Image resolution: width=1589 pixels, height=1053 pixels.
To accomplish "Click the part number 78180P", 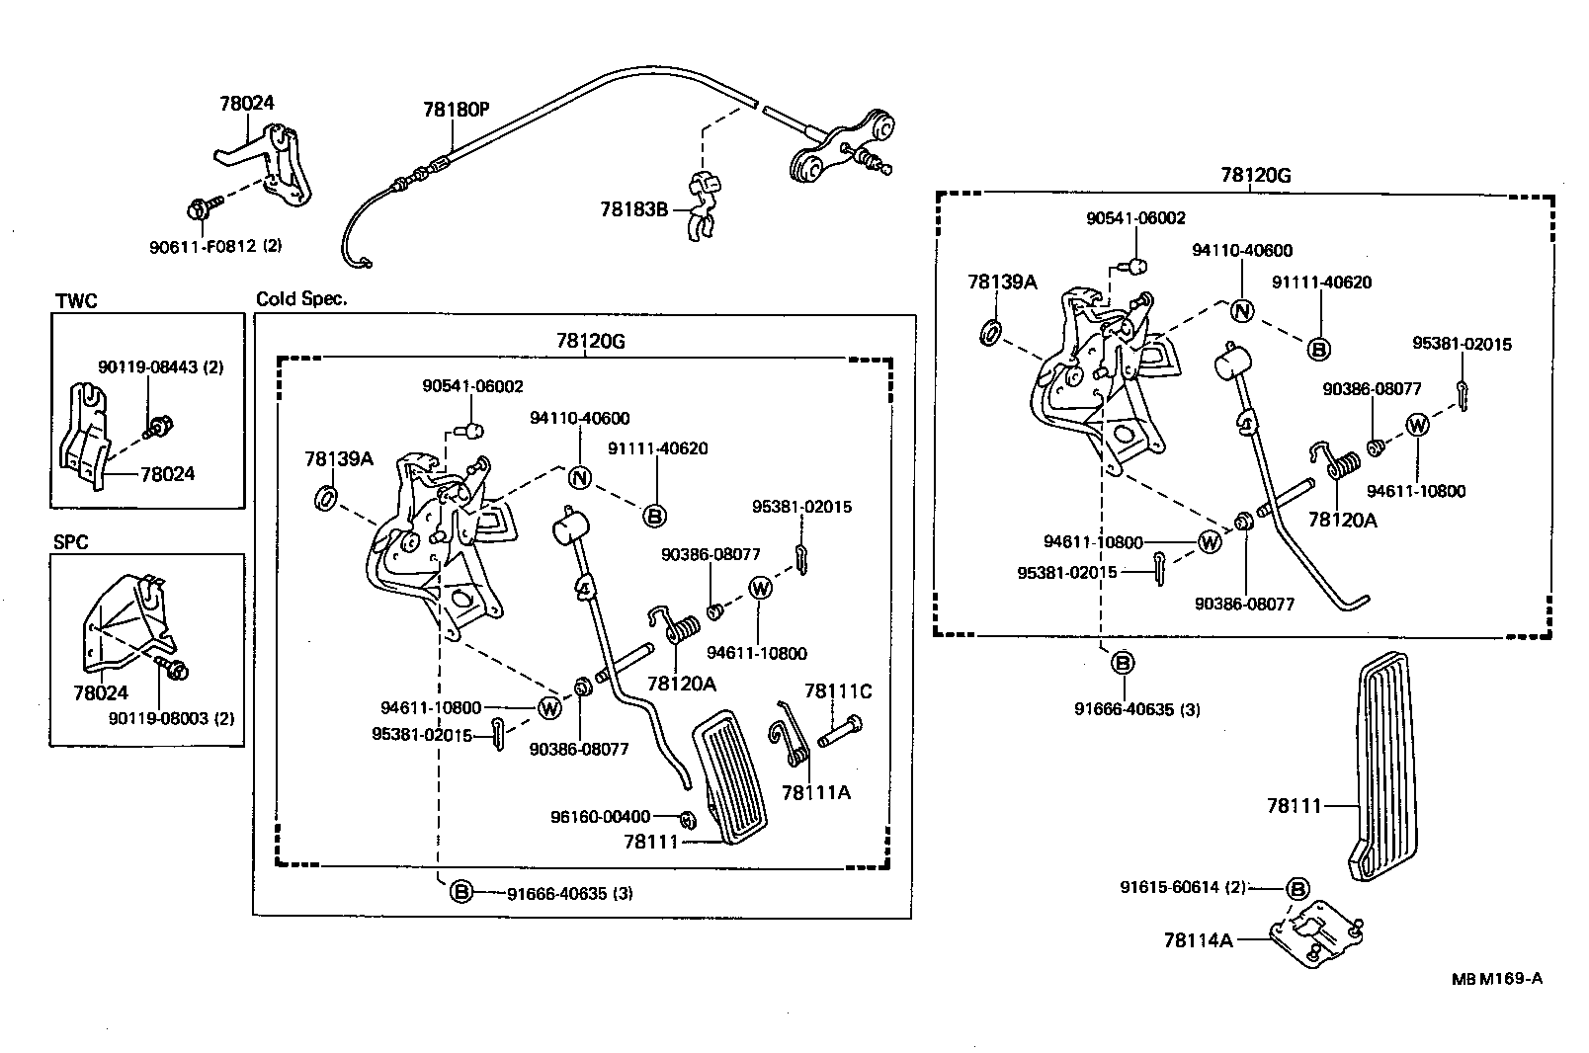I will click(456, 110).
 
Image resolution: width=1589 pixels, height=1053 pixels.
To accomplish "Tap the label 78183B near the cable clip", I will click(633, 209).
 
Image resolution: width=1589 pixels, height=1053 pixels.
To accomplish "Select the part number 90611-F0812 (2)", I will click(215, 246).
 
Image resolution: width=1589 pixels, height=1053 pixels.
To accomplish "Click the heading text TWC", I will click(77, 301).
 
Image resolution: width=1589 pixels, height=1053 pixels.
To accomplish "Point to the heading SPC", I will click(71, 542).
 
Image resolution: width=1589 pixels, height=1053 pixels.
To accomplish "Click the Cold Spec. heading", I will click(301, 298).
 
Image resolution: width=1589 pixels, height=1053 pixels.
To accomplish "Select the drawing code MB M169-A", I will click(1496, 979).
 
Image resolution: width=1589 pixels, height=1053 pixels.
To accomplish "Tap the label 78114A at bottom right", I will click(1198, 940).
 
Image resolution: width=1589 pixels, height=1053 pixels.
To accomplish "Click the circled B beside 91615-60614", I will click(1298, 889).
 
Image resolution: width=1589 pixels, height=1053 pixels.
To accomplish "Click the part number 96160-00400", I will click(600, 817).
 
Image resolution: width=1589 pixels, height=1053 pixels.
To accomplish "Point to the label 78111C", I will click(838, 691).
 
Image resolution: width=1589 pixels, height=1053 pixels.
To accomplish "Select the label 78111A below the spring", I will click(815, 792).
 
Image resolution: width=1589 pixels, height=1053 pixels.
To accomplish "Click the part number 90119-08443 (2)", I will click(160, 366).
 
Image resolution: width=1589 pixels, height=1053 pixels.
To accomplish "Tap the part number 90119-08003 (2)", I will click(172, 718).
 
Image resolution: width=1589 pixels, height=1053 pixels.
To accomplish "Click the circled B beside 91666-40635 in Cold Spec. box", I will click(461, 893).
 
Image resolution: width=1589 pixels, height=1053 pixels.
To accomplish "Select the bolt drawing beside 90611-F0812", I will click(201, 209).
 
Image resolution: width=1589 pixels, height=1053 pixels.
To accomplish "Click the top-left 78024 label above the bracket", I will click(246, 103).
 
